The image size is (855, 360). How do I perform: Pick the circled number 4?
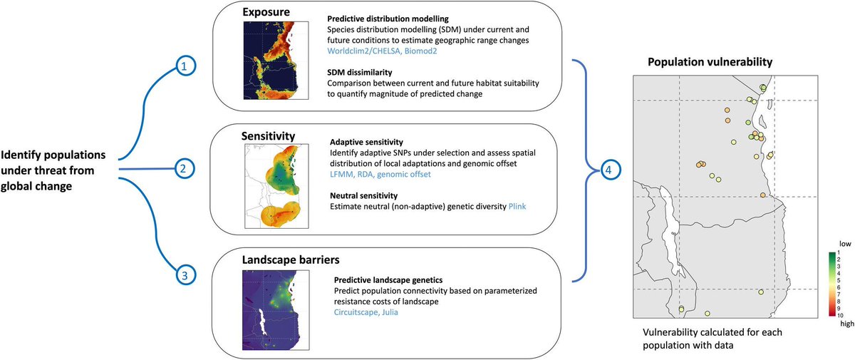(x=608, y=169)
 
